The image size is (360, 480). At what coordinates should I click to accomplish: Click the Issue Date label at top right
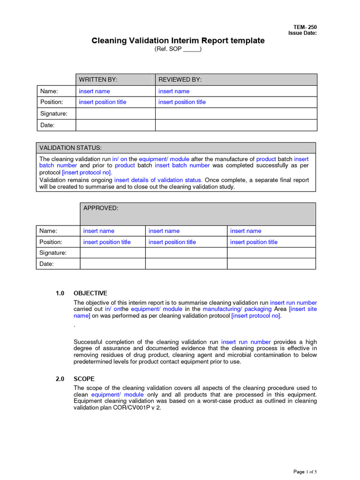(302, 33)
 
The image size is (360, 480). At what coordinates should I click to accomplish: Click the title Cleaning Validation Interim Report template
(178, 41)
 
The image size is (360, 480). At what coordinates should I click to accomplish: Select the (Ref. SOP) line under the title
(178, 49)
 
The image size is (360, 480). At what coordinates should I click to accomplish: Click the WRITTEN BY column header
(98, 80)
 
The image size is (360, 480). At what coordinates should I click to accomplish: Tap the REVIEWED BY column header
(180, 80)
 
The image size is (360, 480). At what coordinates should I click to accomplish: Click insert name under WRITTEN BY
(94, 91)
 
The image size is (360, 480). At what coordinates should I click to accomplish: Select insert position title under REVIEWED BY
(182, 102)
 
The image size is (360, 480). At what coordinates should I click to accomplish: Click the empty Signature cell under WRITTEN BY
(115, 114)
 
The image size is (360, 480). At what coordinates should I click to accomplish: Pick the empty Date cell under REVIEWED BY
(236, 125)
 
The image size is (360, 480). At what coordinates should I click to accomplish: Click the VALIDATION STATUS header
(70, 148)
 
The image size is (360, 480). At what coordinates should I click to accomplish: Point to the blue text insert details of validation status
(158, 180)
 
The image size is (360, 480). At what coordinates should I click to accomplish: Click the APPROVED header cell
(101, 208)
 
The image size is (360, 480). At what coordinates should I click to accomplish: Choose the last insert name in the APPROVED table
(246, 231)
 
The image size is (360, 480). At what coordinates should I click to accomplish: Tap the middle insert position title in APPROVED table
(172, 242)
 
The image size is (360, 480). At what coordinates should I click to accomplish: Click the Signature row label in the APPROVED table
(53, 253)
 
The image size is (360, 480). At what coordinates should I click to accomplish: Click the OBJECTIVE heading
(90, 293)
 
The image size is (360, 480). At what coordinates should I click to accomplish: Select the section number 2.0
(60, 379)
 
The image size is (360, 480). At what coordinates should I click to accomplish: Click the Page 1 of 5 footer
(305, 472)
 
